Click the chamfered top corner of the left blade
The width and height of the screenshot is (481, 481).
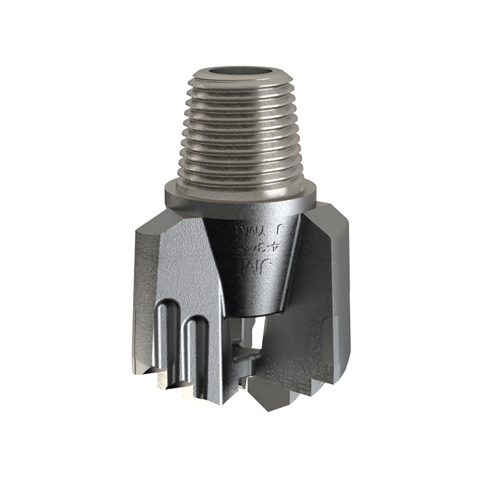(149, 226)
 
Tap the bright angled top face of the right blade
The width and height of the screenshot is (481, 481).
(332, 216)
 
